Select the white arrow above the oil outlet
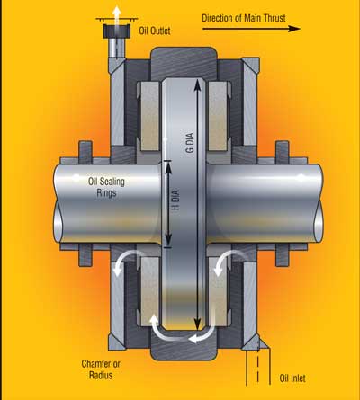click(114, 10)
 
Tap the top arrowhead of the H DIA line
click(168, 164)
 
